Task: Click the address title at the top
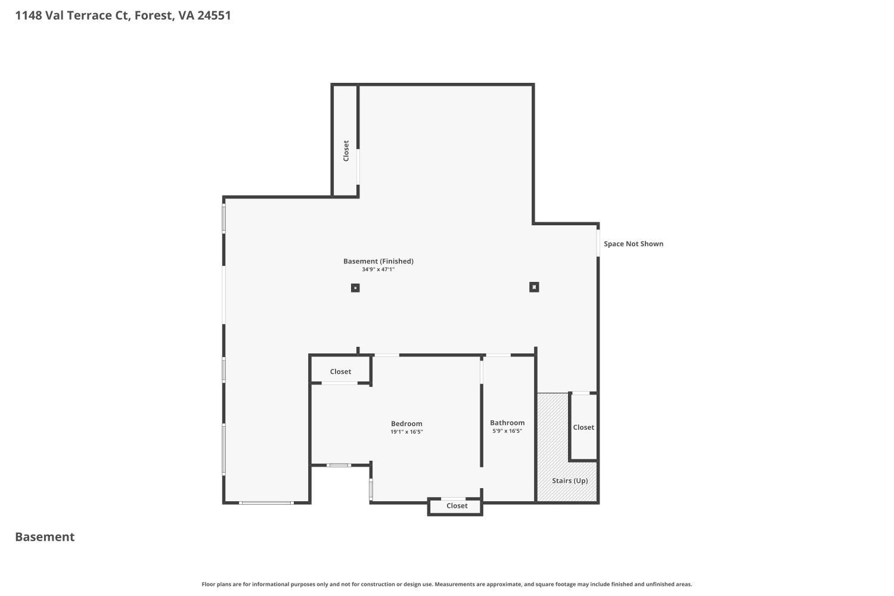[x=123, y=15]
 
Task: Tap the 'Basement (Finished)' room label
[x=378, y=261]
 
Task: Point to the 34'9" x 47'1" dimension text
[x=378, y=269]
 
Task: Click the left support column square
[x=355, y=288]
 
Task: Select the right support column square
[x=534, y=287]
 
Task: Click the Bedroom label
[x=406, y=424]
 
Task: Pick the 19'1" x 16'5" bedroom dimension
[x=406, y=432]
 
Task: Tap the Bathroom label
[x=507, y=423]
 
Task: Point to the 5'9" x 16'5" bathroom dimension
[x=507, y=431]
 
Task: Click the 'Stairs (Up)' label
[x=570, y=480]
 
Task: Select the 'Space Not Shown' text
[x=633, y=244]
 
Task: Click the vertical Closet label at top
[x=346, y=151]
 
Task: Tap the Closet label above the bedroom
[x=340, y=371]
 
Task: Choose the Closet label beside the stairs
[x=583, y=427]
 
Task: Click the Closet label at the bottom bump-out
[x=457, y=506]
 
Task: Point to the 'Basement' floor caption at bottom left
[x=45, y=537]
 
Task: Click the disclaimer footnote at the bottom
[x=446, y=585]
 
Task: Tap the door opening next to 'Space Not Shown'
[x=598, y=243]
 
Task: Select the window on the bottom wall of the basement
[x=266, y=503]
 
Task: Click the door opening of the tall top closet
[x=358, y=167]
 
